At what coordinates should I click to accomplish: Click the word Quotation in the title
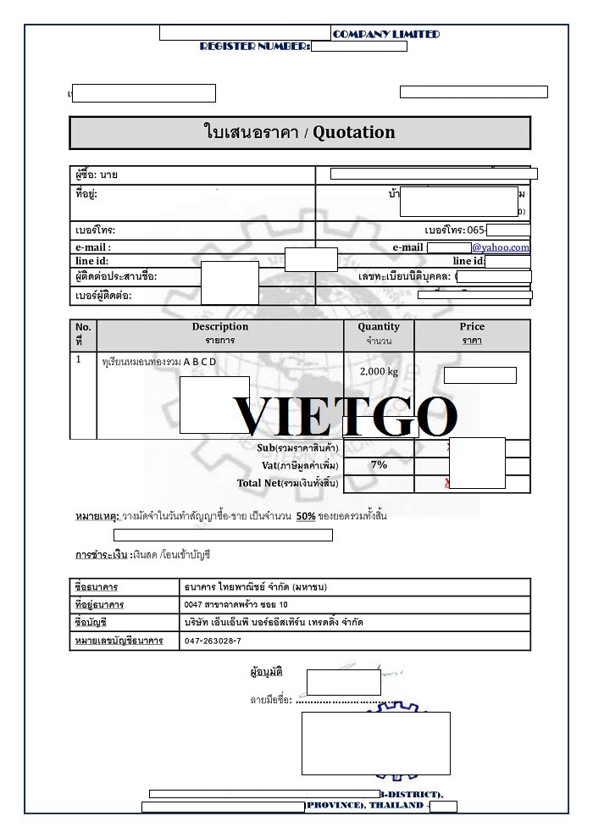click(x=354, y=132)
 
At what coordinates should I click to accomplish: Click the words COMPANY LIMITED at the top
click(x=386, y=34)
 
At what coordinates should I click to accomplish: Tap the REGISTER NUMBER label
click(x=255, y=46)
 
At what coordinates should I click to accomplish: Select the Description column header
click(x=220, y=327)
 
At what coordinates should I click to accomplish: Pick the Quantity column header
click(x=379, y=327)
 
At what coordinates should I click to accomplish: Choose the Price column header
click(x=472, y=327)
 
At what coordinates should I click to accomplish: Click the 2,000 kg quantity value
click(x=378, y=371)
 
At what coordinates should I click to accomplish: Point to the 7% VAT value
click(x=379, y=464)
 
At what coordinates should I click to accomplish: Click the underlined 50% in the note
click(x=306, y=516)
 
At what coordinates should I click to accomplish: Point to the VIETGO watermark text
click(x=346, y=416)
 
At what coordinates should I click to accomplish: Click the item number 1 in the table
click(x=79, y=359)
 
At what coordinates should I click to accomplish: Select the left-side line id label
click(x=92, y=261)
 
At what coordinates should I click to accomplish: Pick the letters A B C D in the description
click(x=200, y=362)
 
